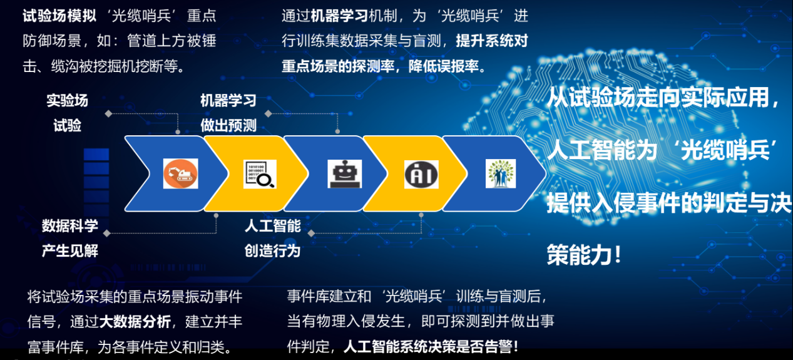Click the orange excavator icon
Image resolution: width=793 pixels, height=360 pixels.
point(180,173)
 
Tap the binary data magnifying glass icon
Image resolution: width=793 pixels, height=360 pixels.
point(260,174)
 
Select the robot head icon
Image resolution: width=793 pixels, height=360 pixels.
point(344,174)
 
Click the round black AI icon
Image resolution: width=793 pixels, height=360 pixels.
point(421,174)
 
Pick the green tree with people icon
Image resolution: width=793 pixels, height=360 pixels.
point(501,173)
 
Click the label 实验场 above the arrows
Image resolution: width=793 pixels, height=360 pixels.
point(67,101)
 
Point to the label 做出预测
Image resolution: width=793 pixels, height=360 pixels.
point(228,125)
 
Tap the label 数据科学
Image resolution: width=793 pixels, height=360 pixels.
point(69,226)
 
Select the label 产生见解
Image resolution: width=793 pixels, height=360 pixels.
point(69,250)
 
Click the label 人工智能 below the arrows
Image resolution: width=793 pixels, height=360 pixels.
point(273,226)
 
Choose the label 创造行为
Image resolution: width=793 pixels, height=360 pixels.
point(273,250)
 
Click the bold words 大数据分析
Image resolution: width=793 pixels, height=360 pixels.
point(135,322)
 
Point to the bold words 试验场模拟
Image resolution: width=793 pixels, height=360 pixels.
point(59,16)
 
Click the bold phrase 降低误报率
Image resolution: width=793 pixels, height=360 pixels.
point(444,66)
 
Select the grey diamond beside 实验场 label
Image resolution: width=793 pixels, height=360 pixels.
point(109,113)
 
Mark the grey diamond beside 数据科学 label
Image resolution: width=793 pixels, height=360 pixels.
point(107,233)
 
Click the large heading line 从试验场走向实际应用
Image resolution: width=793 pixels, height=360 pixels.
point(658,97)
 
